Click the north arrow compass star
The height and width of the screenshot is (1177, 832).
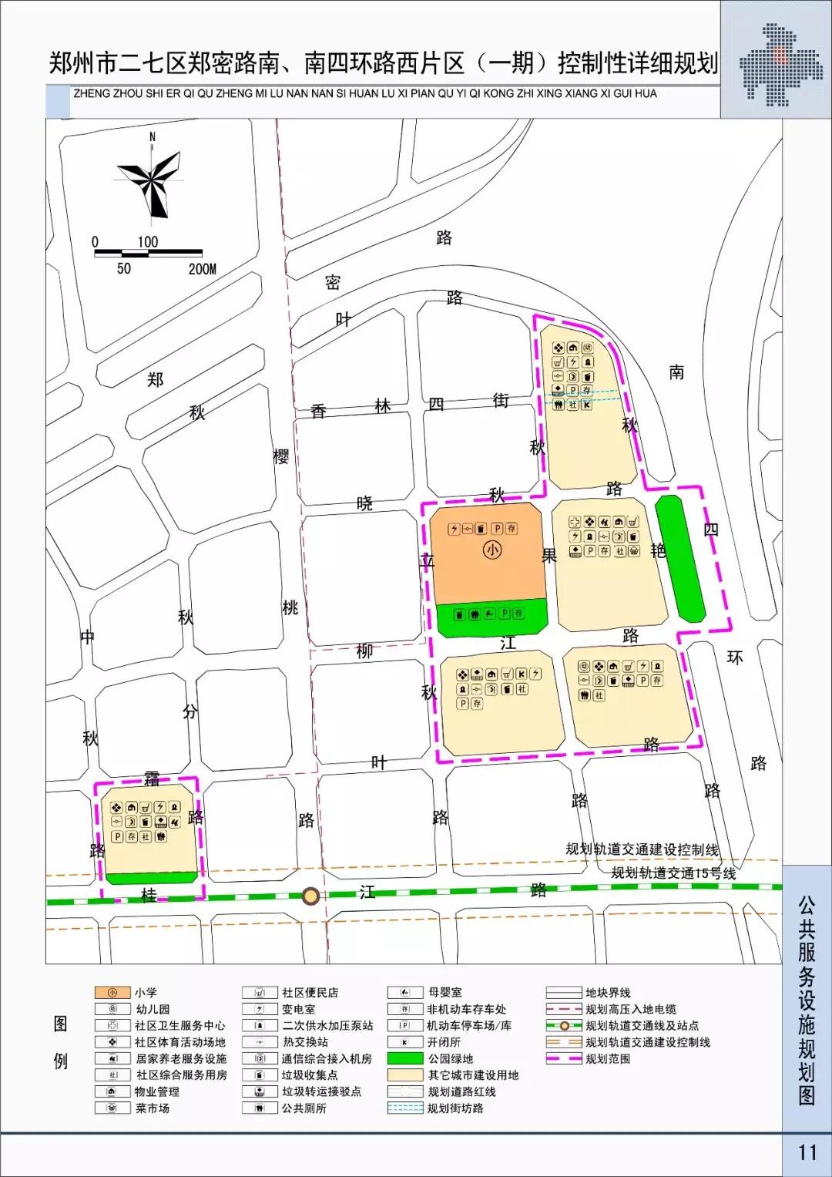coord(151,179)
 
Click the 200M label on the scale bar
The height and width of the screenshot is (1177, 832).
coord(202,269)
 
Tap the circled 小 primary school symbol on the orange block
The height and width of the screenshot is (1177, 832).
coord(491,550)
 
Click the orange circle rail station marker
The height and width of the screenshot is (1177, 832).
coord(310,896)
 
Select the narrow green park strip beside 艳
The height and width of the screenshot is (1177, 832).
coord(679,558)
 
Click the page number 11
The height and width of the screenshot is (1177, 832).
coord(807,1152)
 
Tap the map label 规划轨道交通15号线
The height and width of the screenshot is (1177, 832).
coord(673,873)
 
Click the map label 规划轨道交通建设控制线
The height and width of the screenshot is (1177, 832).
coord(642,849)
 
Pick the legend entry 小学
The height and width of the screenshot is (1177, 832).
coord(146,993)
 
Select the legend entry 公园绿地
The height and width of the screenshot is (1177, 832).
coord(451,1059)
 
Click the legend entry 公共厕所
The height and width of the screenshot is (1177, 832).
coord(304,1108)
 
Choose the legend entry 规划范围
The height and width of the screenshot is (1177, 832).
coord(607,1059)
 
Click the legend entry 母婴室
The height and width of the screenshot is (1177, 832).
coord(445,993)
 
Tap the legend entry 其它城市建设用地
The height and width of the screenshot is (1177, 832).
coord(473,1075)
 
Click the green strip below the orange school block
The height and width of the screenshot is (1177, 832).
coord(491,617)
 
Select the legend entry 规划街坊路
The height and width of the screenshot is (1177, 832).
coord(455,1108)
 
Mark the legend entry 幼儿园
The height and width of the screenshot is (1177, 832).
coord(153,1009)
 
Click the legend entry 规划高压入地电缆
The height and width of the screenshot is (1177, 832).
coord(630,1009)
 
